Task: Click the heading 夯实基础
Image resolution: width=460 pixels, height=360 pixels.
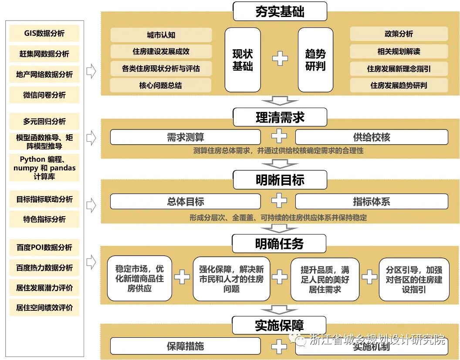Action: (280, 12)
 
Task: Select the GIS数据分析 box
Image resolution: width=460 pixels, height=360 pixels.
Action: (44, 34)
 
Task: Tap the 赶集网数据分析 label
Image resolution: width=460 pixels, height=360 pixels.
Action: (44, 54)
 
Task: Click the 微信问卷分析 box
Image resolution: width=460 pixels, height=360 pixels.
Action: (44, 95)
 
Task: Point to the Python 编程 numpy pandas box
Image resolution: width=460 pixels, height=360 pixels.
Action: (44, 168)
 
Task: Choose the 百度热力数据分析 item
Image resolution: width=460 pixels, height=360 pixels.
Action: (44, 268)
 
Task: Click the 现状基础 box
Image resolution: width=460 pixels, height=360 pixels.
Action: (243, 60)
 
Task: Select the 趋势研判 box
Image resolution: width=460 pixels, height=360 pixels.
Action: (315, 60)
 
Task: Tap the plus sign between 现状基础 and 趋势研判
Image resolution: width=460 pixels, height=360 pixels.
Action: (280, 58)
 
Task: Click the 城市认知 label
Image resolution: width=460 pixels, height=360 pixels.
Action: (161, 35)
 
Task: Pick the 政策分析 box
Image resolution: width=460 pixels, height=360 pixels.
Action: (399, 34)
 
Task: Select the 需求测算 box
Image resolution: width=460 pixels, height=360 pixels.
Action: (185, 137)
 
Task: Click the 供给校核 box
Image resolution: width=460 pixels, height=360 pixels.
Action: (371, 137)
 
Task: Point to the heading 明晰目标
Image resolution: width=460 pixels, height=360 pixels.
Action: (280, 180)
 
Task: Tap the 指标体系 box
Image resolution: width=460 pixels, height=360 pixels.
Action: (371, 201)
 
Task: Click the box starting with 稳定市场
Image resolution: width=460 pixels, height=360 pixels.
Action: (139, 278)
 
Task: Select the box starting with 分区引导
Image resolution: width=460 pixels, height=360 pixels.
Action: (414, 278)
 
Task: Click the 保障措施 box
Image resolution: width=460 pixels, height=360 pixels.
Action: (185, 346)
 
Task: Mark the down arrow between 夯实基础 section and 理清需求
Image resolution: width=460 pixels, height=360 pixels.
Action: (280, 101)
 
